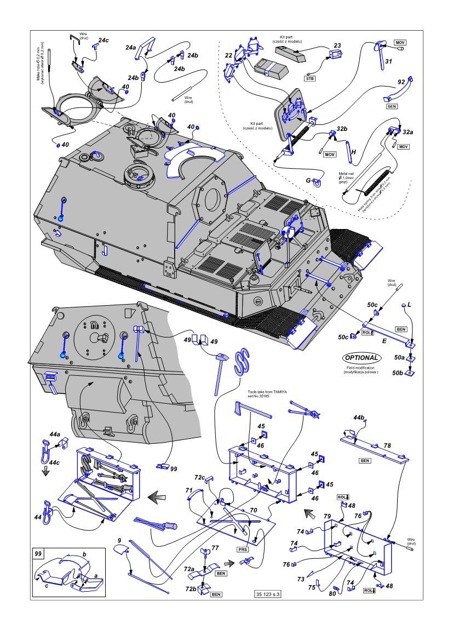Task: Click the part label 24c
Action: [103, 40]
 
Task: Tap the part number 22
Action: [228, 55]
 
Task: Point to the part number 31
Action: [388, 61]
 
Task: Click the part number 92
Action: [401, 82]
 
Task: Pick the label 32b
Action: [342, 129]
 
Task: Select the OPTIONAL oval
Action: [361, 357]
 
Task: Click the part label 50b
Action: [400, 373]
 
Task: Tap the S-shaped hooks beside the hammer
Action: [242, 362]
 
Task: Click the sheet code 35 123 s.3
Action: [268, 594]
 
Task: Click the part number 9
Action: [119, 541]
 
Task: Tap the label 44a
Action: [54, 434]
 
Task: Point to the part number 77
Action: [215, 548]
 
